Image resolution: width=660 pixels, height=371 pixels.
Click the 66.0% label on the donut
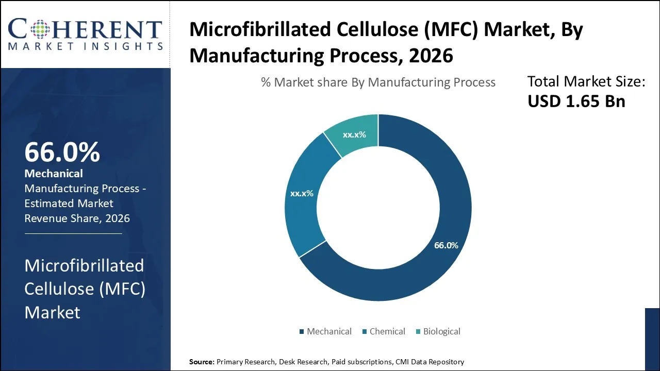446,245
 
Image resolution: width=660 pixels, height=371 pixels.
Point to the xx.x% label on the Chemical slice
302,194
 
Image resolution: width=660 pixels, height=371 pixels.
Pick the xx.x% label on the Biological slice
354,134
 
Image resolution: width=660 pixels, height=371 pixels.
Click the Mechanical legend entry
325,331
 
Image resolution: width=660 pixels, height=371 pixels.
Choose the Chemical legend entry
384,331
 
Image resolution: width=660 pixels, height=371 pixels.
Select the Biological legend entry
438,331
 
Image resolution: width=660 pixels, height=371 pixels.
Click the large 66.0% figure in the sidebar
62,152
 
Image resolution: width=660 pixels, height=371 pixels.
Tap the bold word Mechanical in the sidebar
54,174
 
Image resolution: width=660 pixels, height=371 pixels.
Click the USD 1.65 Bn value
576,101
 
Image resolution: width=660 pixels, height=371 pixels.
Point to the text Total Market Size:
586,81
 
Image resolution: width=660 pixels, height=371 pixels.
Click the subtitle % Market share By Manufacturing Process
378,82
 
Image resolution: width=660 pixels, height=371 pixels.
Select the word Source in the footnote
201,362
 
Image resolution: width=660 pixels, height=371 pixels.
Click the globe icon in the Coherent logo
40,29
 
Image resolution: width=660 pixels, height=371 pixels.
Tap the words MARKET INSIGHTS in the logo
85,46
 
